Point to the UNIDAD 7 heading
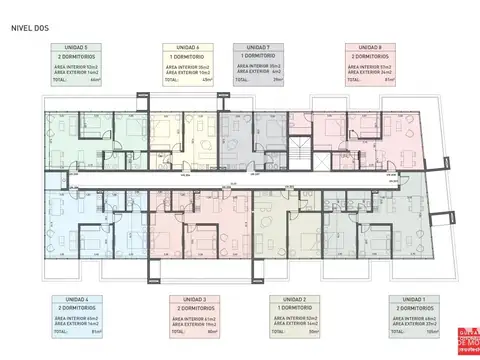[257, 47]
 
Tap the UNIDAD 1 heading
[411, 299]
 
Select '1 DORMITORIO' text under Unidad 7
[257, 56]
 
